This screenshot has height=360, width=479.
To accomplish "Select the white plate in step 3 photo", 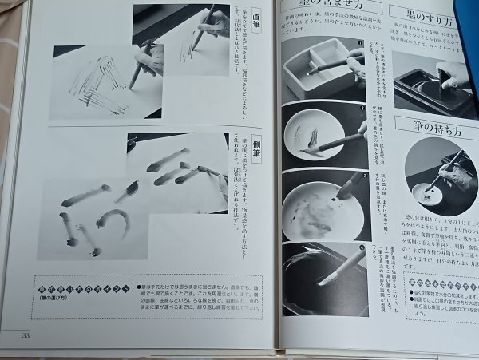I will click(x=319, y=208).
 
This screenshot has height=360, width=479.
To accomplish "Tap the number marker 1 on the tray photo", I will click(x=360, y=44).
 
